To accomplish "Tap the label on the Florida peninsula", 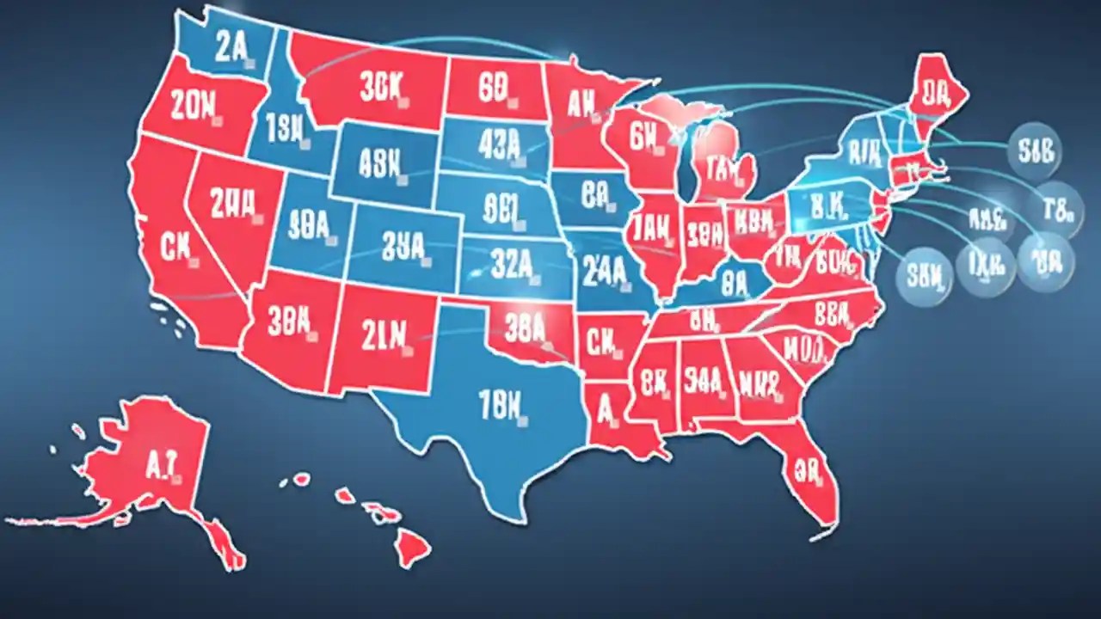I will pos(809,469).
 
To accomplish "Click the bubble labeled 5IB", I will pos(1034,150).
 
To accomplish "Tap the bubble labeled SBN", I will pos(925,276).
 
